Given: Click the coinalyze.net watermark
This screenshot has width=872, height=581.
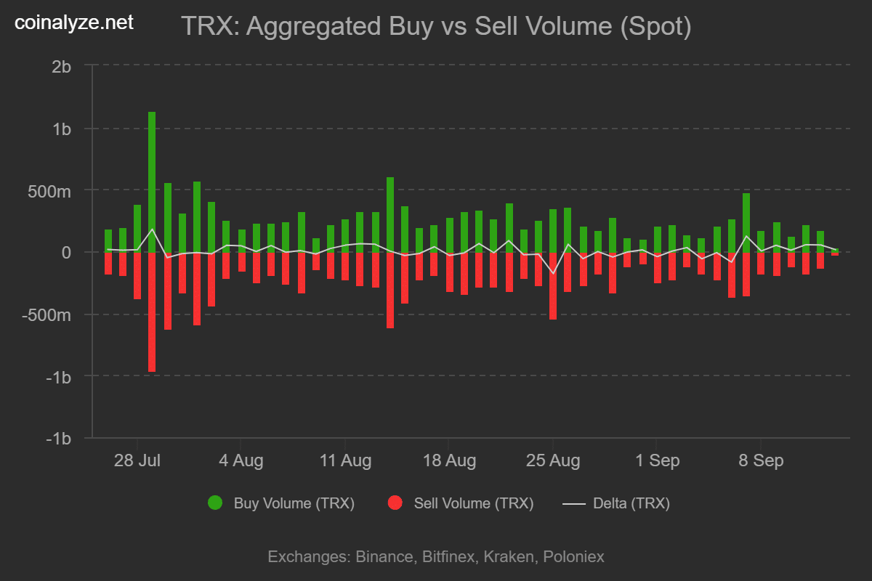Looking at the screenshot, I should click(x=74, y=23).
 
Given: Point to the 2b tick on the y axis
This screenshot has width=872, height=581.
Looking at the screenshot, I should click(x=62, y=66).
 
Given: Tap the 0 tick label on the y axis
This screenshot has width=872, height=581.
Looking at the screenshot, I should click(x=66, y=253).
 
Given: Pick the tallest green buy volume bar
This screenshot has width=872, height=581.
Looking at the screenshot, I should click(x=152, y=182).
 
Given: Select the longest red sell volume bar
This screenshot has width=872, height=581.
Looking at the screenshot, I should click(x=152, y=312).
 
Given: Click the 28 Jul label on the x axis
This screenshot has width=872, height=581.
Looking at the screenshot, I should click(x=137, y=461).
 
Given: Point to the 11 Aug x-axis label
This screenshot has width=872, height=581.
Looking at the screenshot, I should click(x=345, y=461).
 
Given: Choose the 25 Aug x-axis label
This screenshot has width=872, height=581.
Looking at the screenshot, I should click(x=554, y=461).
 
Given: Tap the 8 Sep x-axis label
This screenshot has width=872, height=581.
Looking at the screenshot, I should click(x=761, y=461).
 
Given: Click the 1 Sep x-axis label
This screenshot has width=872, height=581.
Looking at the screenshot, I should click(x=657, y=461).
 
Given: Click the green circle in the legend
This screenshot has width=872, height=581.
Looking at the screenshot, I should click(x=215, y=503).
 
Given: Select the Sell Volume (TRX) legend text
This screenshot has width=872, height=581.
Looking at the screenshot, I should click(x=473, y=503).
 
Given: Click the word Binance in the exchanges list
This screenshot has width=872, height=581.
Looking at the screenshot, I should click(x=384, y=557).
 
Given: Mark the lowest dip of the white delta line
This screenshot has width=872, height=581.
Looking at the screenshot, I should click(x=553, y=273).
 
